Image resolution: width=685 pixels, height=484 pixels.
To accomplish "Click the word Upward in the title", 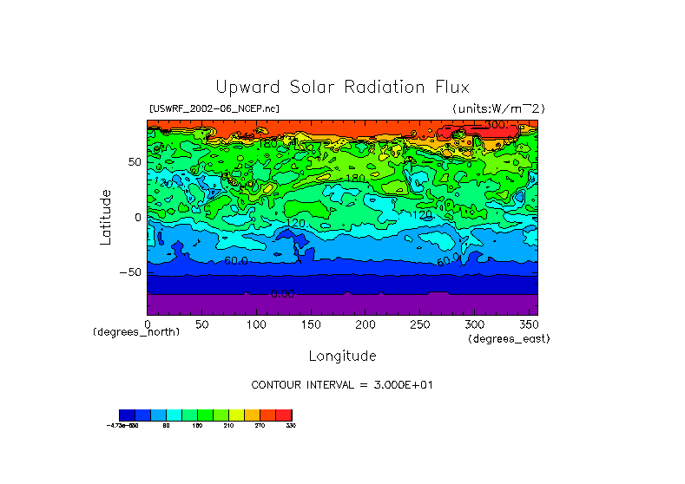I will pyautogui.click(x=244, y=88).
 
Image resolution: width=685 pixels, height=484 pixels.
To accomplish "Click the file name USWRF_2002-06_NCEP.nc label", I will pyautogui.click(x=214, y=108).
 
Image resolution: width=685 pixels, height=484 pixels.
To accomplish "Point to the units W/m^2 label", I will pyautogui.click(x=497, y=108).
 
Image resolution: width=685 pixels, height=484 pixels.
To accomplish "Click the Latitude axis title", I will pyautogui.click(x=106, y=217).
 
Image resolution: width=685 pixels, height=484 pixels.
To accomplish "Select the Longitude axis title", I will pyautogui.click(x=342, y=356).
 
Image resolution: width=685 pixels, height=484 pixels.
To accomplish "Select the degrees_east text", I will pyautogui.click(x=508, y=339).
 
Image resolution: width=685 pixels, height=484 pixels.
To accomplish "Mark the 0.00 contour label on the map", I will pyautogui.click(x=283, y=294).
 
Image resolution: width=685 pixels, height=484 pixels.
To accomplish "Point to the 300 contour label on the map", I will pyautogui.click(x=495, y=126).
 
